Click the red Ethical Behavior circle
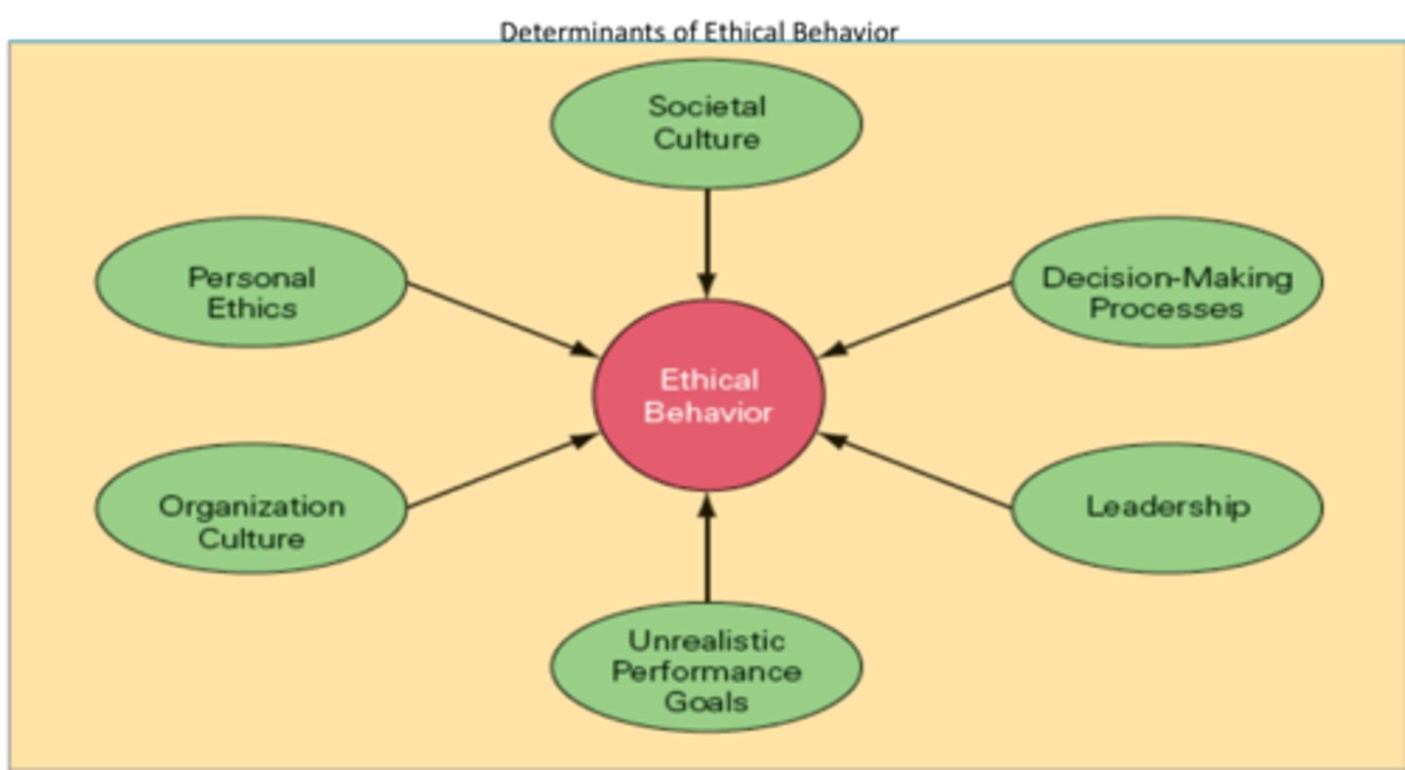point(709,394)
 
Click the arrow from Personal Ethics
point(502,319)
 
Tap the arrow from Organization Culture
point(502,471)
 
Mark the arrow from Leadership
point(917,471)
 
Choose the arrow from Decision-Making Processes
point(917,319)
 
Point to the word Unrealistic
point(706,641)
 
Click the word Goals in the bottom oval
point(706,701)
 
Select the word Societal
point(706,105)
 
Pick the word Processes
point(1167,308)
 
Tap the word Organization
point(251,507)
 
